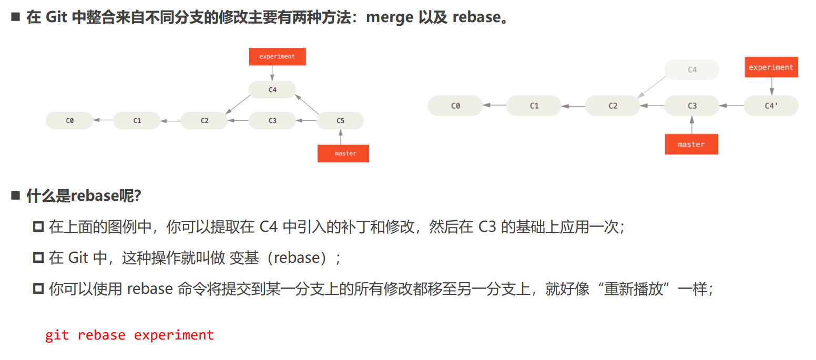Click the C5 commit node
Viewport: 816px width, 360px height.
(x=340, y=120)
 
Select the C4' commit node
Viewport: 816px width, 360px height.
(x=771, y=106)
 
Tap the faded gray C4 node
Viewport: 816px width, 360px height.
(x=691, y=69)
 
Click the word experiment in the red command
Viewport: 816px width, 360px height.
(x=174, y=335)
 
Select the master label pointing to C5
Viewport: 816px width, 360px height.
(x=343, y=153)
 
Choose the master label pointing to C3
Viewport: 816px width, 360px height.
(x=691, y=144)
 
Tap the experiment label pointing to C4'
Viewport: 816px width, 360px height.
(x=771, y=67)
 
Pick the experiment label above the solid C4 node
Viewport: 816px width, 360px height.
(x=277, y=56)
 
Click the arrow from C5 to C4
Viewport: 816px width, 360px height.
(x=308, y=104)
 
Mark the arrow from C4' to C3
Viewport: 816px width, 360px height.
(x=731, y=106)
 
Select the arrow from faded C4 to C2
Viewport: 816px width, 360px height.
(x=651, y=87)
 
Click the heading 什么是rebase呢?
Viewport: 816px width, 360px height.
(x=84, y=196)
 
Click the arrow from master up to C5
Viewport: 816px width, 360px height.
(x=340, y=137)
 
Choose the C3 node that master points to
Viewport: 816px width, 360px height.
(x=692, y=106)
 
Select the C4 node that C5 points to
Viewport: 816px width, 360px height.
(x=272, y=89)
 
